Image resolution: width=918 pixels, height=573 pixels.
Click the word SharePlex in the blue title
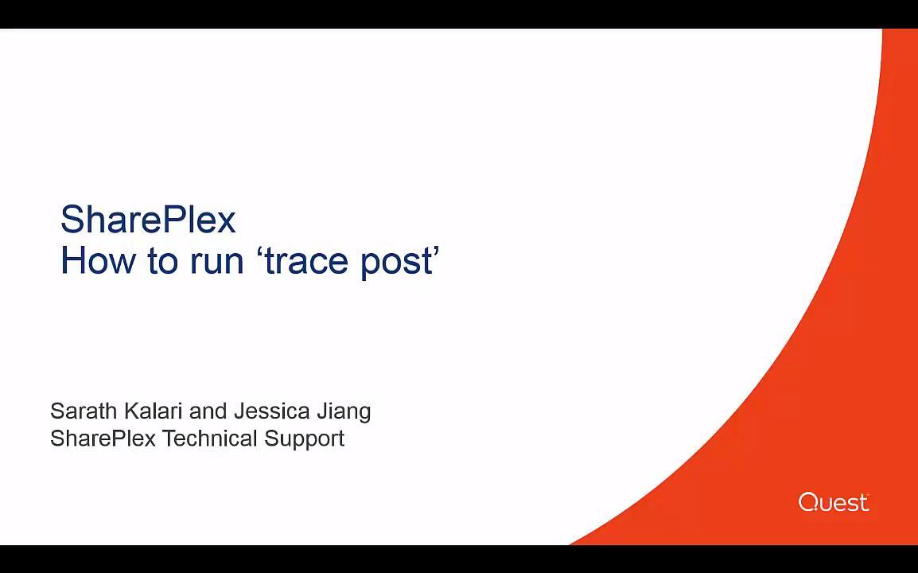[x=148, y=219]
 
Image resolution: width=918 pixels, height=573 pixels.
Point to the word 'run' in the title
[x=216, y=264]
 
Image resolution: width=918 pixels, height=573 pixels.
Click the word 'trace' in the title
[x=306, y=261]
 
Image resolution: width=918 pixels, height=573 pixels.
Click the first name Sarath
[x=84, y=411]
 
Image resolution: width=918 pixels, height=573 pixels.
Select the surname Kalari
[x=154, y=411]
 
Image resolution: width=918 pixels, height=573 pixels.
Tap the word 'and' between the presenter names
[x=208, y=411]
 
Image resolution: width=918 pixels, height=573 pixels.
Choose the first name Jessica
[x=271, y=411]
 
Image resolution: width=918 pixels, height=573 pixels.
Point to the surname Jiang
[x=344, y=412]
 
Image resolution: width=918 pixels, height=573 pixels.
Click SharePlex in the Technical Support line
[x=103, y=439]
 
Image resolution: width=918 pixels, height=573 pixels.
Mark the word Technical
[x=209, y=439]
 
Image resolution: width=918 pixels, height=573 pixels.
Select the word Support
[x=305, y=439]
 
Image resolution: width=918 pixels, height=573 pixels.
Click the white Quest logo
[x=834, y=502]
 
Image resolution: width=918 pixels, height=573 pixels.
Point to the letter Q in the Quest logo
[x=808, y=502]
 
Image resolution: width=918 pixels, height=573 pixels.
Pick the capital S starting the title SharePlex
[x=72, y=220]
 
